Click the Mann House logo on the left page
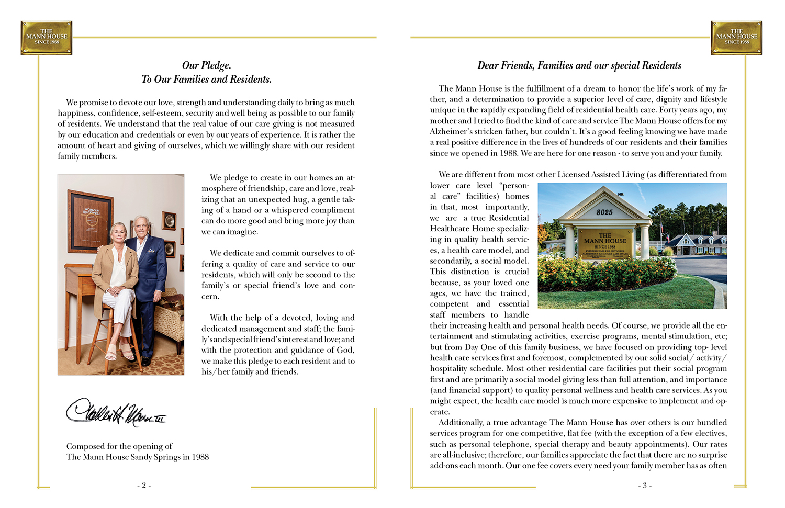click(47, 38)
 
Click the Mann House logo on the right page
click(736, 38)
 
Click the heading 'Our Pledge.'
click(206, 65)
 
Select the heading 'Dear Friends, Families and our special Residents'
click(579, 65)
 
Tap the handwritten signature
click(116, 412)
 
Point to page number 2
click(144, 486)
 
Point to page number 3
click(645, 486)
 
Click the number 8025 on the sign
click(604, 212)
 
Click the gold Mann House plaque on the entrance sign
click(604, 244)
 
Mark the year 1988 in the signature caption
click(200, 457)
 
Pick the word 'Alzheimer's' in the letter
click(450, 131)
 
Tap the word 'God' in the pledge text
click(345, 350)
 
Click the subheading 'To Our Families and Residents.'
click(206, 80)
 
